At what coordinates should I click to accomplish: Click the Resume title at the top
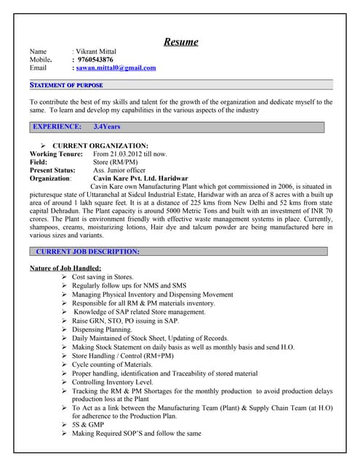point(180,41)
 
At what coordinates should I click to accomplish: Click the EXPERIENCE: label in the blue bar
point(57,126)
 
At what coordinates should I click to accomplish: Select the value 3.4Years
point(108,126)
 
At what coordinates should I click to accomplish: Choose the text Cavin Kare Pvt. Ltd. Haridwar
point(140,178)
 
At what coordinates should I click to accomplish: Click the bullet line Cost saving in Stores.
point(103,277)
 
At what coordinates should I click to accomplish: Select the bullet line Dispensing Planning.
point(102,328)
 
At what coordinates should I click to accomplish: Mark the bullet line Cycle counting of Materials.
point(112,364)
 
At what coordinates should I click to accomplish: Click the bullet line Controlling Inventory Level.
point(112,381)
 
